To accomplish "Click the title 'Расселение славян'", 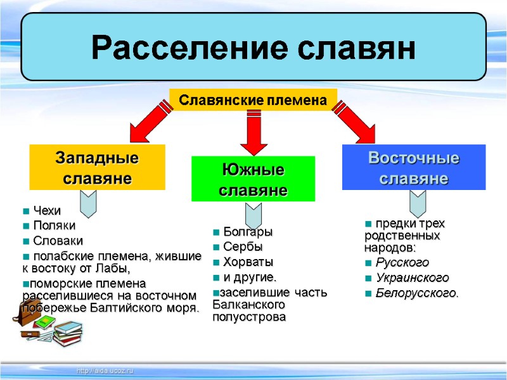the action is pos(253,47).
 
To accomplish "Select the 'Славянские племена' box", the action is pos(253,100).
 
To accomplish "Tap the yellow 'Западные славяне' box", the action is pos(98,167).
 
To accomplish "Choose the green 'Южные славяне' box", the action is pos(253,179).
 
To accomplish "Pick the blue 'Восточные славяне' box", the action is pos(414,167).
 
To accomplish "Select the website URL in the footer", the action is pos(105,370).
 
